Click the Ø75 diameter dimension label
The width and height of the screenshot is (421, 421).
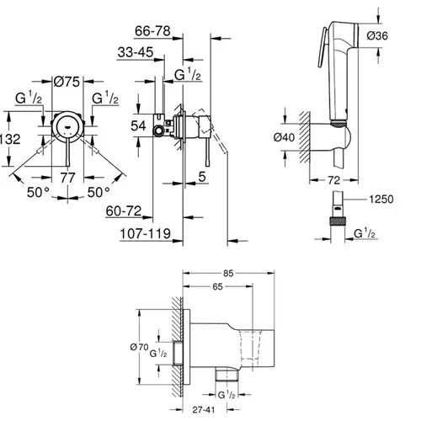[67, 82]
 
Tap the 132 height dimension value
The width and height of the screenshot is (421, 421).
[10, 139]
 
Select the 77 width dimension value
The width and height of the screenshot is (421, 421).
[67, 178]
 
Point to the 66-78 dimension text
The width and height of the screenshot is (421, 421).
[152, 31]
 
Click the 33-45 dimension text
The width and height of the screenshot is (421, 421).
[136, 52]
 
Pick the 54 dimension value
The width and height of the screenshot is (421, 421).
[138, 125]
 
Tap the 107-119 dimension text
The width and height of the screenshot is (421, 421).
[146, 233]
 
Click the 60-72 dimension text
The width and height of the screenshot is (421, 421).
[124, 211]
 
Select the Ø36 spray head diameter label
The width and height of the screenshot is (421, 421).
[377, 35]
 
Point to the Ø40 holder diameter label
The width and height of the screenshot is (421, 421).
[284, 137]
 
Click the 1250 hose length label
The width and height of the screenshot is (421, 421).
[381, 200]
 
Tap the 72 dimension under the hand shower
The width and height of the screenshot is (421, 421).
[333, 180]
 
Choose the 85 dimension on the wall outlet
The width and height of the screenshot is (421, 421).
[228, 273]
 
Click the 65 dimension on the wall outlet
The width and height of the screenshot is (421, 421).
[217, 286]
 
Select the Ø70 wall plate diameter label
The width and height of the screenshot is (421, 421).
[139, 347]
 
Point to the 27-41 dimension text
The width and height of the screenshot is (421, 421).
[204, 410]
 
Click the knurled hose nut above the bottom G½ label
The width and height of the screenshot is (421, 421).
[338, 221]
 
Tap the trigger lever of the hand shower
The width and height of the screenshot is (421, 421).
[322, 47]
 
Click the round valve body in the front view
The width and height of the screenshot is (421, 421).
[67, 126]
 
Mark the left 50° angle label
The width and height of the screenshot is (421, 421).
[38, 193]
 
